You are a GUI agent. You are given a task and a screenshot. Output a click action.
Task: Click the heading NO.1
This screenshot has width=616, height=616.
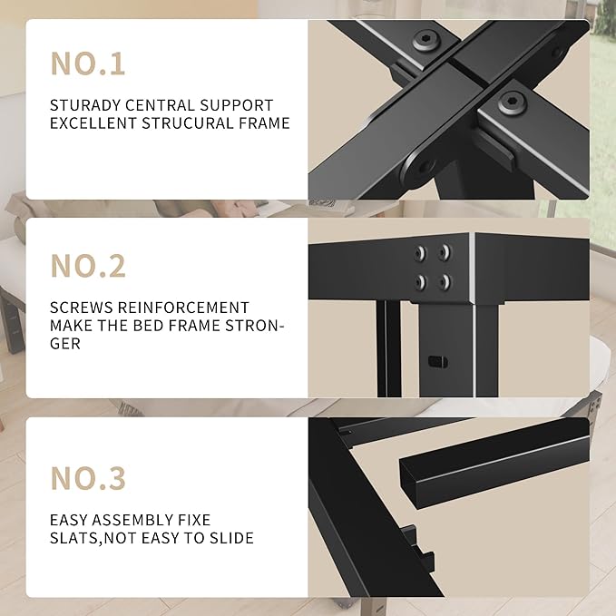[88, 64]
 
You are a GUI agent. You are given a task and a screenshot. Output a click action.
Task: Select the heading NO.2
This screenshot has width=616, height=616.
[88, 266]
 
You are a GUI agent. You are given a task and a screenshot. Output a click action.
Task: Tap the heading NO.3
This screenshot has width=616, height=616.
[88, 477]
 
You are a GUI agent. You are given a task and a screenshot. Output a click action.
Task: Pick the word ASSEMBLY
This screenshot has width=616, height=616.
[131, 520]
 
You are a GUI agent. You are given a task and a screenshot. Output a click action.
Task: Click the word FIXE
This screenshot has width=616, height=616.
[192, 520]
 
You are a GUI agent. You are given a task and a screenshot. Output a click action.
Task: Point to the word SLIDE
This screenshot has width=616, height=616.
[231, 538]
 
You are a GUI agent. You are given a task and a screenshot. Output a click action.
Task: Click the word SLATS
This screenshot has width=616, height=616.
[73, 538]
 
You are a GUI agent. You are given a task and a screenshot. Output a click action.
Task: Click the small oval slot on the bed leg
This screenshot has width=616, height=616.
[438, 360]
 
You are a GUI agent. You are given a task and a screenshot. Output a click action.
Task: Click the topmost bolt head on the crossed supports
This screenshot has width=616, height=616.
[425, 40]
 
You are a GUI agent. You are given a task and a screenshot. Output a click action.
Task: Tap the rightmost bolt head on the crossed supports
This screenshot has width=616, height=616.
[512, 102]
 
